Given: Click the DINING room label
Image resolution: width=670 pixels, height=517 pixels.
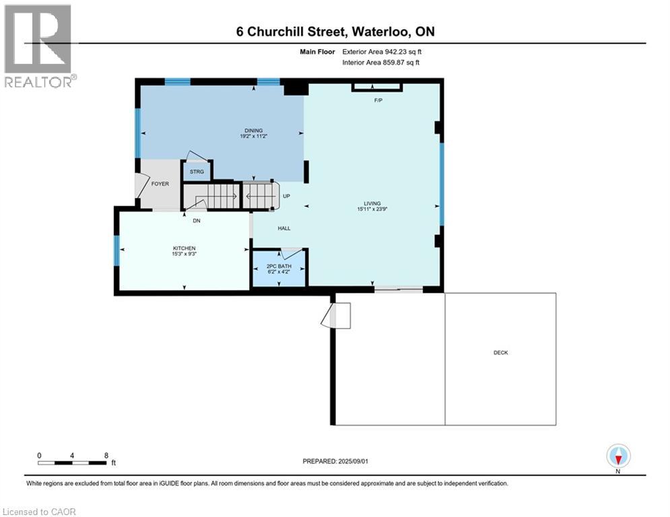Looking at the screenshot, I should click(x=254, y=131).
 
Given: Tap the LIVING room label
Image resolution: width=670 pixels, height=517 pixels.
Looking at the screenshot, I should click(x=370, y=203).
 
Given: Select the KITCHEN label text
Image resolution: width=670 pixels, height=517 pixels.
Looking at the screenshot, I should click(x=184, y=248).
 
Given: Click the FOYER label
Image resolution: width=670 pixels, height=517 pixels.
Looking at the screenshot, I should click(x=160, y=183).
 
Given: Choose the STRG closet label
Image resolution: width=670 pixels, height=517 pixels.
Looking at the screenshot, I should click(x=197, y=172).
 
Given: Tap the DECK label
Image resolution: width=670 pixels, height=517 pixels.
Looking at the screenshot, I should click(x=500, y=352).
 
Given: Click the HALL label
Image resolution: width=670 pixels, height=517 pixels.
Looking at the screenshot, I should click(x=284, y=228).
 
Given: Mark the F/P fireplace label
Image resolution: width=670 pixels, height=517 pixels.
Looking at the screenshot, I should click(x=378, y=100).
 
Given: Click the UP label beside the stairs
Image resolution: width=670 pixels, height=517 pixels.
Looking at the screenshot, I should click(x=286, y=197).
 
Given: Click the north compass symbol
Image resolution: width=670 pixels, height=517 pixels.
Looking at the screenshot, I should click(x=617, y=456).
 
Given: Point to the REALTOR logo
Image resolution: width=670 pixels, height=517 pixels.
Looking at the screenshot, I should click(x=39, y=46).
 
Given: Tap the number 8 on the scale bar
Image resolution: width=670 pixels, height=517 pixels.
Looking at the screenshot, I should click(x=106, y=455).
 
